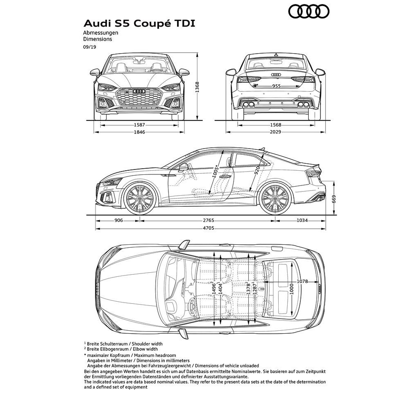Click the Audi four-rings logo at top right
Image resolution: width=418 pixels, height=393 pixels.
(309, 12)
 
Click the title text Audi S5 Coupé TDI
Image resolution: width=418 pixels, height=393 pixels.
(139, 23)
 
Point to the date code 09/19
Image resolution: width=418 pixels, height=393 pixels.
(89, 47)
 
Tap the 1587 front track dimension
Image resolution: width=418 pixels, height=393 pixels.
(139, 124)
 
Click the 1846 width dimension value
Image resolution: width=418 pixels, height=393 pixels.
(139, 132)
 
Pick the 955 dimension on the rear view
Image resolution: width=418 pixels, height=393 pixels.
(276, 86)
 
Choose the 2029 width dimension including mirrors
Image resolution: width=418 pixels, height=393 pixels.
(275, 132)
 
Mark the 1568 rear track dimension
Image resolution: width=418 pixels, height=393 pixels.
(275, 124)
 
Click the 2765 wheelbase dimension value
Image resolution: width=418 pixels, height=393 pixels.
(209, 221)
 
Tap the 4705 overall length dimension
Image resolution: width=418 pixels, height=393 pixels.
(209, 228)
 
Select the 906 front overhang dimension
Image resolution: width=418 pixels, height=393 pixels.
(118, 221)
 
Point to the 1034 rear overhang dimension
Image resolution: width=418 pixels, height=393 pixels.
(302, 221)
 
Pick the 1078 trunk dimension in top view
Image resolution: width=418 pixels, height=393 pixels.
(302, 281)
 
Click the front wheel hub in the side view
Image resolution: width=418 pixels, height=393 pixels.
(140, 199)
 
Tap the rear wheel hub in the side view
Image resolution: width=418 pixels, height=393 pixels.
(275, 199)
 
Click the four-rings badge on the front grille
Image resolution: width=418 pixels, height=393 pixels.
(139, 91)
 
